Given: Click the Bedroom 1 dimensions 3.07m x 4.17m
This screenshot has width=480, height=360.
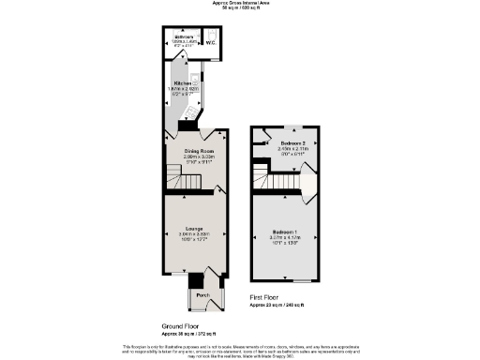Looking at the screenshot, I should pos(285,237).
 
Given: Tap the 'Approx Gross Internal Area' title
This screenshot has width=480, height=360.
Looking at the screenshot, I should pos(239,4).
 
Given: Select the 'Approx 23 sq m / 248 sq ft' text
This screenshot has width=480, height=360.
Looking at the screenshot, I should pos(277,306).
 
